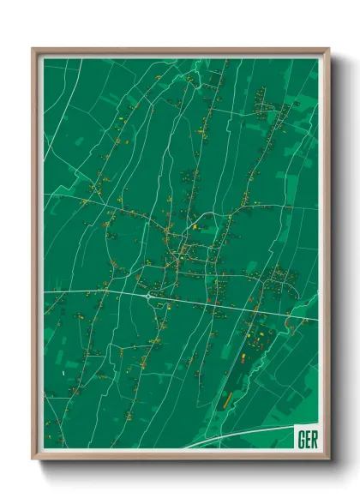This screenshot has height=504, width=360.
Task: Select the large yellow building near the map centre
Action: [x=195, y=227]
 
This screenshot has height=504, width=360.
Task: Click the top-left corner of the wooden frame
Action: [x=33, y=49]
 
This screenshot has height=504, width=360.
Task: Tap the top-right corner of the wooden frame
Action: [x=328, y=49]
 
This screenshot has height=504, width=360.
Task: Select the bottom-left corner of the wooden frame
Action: [x=33, y=459]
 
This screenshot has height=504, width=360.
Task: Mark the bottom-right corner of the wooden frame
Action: [x=328, y=459]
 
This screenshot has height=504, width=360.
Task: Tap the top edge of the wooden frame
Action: [x=180, y=50]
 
